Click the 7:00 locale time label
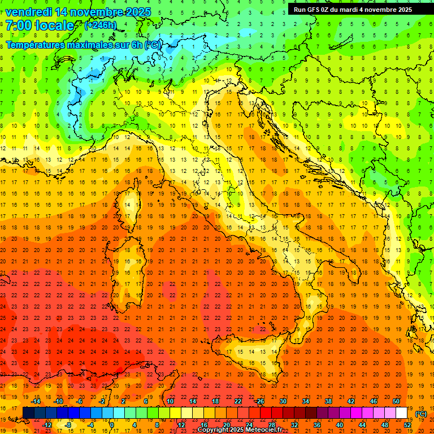click(40, 25)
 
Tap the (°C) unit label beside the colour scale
click(420, 414)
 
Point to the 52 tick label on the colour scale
click(407, 425)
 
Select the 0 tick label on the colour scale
click(111, 425)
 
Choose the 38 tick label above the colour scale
click(328, 401)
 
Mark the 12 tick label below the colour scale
click(181, 425)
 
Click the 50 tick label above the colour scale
click(396, 401)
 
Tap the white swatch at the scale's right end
click(401, 413)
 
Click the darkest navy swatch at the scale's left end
click(28, 413)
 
